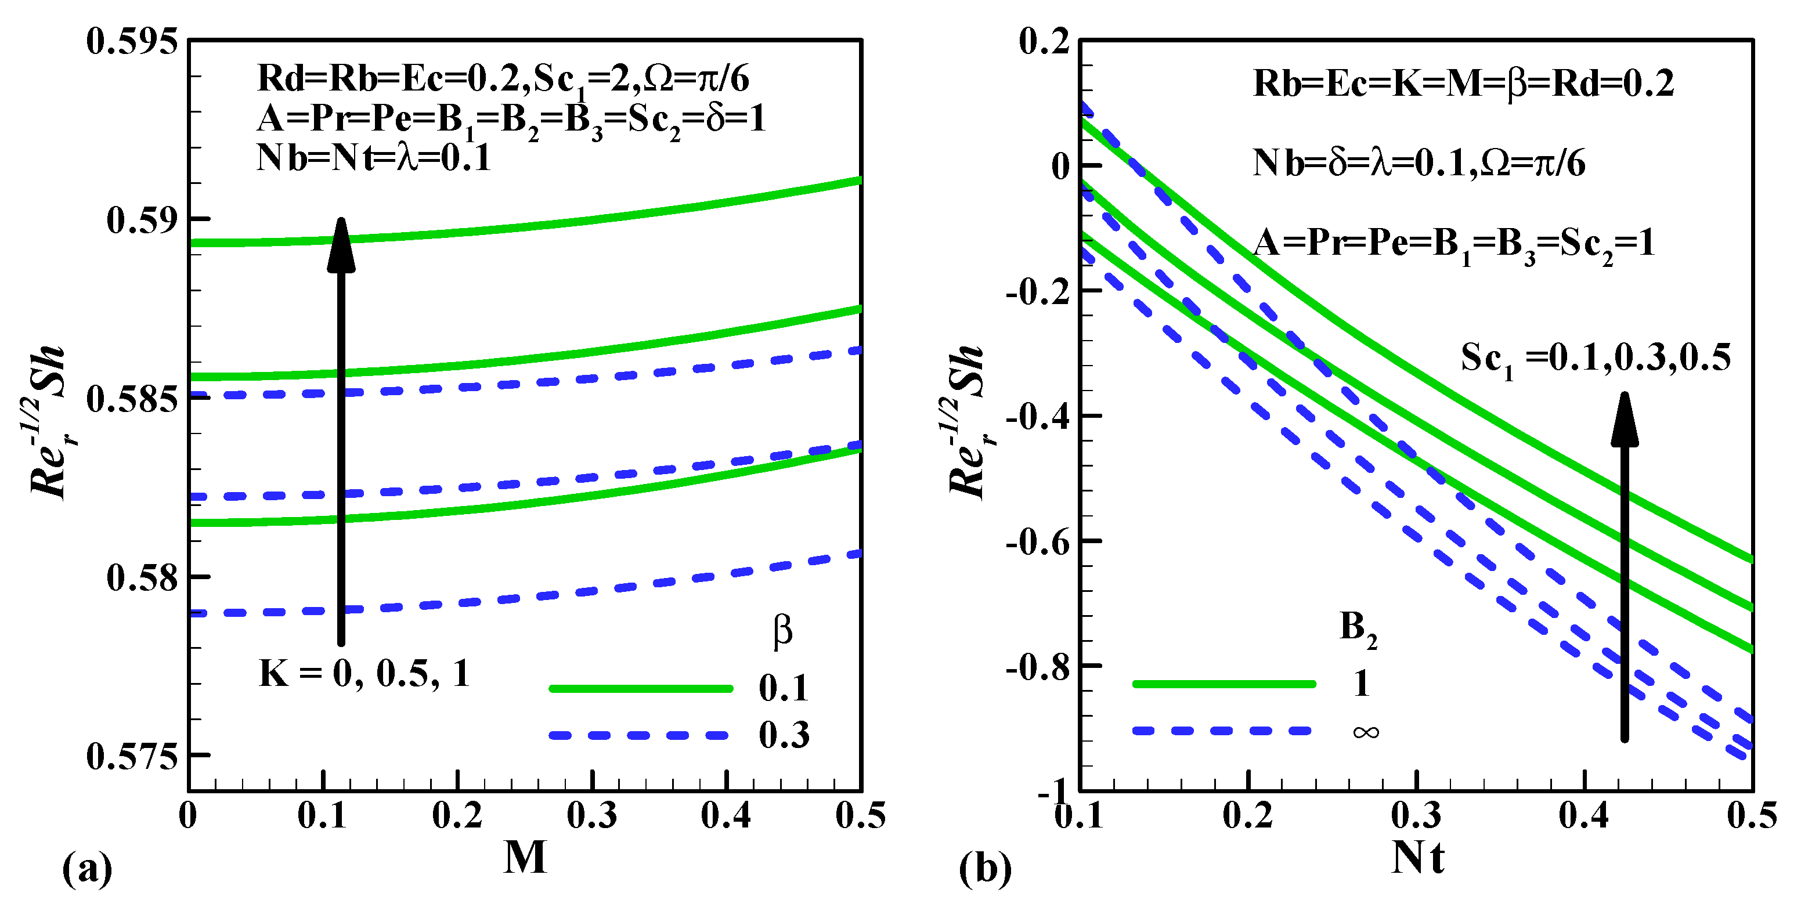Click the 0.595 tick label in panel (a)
131,41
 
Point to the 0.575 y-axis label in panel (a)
131,757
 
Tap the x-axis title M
525,858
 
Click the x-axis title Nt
1417,858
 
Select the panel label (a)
86,869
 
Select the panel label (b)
984,869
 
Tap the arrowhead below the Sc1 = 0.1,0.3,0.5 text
1624,419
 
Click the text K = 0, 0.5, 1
363,674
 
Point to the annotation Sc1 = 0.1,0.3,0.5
1596,359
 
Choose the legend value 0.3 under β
784,735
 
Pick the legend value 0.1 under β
784,689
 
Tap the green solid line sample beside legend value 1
1223,684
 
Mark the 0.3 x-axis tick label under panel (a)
591,815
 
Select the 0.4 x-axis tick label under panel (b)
1583,815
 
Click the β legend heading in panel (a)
783,630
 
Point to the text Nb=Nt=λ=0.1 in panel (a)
374,158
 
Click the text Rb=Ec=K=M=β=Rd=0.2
1463,84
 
